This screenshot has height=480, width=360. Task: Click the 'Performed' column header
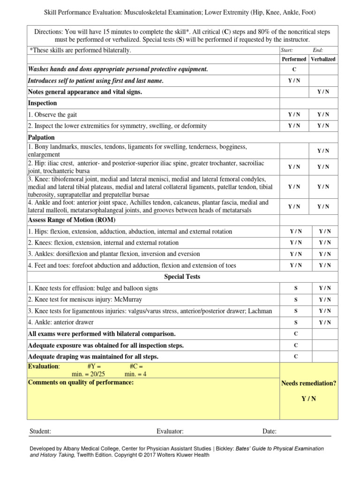[294, 59]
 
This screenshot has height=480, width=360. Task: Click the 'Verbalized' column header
[323, 59]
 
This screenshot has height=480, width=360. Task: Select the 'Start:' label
[286, 50]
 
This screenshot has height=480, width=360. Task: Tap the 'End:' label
[318, 50]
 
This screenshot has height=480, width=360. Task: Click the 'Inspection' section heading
[42, 103]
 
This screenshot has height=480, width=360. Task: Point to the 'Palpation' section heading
[41, 137]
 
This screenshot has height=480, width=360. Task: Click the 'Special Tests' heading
[182, 277]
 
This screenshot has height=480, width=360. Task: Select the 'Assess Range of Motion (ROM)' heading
[72, 220]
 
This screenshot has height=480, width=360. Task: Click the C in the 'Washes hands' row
[294, 69]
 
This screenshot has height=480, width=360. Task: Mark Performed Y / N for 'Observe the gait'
[294, 114]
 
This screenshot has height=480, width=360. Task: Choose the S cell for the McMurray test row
[296, 300]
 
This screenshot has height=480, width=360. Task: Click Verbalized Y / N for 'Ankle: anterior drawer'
[325, 322]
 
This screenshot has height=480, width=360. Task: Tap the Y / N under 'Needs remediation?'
[308, 399]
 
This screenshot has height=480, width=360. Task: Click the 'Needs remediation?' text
[308, 383]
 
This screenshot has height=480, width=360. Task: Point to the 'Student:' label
[40, 431]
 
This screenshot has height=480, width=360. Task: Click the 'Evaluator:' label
[170, 431]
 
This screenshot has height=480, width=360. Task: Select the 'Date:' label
[269, 431]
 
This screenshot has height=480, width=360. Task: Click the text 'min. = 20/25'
[88, 374]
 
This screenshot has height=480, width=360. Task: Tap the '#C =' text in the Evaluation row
[136, 366]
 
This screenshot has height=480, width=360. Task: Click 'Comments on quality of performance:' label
[81, 382]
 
